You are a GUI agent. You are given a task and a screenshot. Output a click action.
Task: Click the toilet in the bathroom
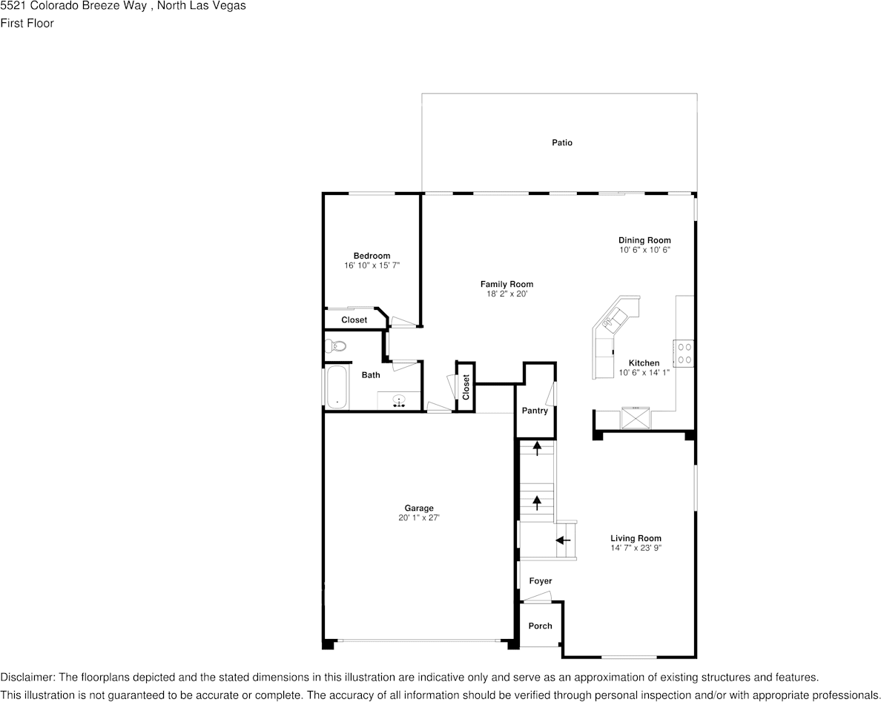coord(336,345)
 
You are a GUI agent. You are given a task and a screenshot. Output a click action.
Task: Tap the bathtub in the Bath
coord(336,386)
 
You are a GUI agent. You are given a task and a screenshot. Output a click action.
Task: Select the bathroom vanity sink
coord(399,401)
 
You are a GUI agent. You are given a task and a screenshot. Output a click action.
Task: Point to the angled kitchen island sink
coord(615,319)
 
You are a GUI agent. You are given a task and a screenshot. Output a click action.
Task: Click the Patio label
coord(561,142)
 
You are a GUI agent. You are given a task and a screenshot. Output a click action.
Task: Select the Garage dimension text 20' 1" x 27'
coord(419,518)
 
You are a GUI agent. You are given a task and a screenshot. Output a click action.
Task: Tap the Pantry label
coord(535,411)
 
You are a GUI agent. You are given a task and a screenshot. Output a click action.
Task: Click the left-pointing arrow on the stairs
coord(563,540)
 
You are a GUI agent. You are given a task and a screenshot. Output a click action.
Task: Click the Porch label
coord(540,626)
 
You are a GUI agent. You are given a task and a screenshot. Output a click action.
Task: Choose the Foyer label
coord(540,581)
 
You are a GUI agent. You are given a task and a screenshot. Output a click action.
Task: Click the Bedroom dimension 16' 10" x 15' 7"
coord(372,265)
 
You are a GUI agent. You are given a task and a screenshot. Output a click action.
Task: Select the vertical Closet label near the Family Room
coord(466,387)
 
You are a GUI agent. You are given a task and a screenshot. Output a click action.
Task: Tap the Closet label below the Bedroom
coord(354,320)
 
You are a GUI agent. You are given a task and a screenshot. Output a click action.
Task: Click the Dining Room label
coord(644,240)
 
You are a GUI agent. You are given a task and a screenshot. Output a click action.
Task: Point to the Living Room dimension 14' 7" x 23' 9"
coord(636,548)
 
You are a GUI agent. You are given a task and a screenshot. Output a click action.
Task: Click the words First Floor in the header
coord(27,23)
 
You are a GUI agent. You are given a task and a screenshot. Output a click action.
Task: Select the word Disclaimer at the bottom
coord(27,677)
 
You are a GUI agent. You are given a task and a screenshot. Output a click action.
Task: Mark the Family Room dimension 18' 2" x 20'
coord(507,294)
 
